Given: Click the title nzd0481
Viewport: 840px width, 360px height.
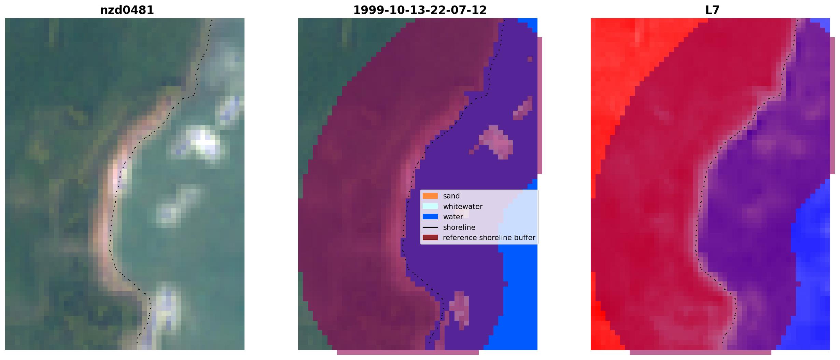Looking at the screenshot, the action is point(127,10).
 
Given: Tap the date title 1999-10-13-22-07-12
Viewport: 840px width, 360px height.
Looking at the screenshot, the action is point(420,10).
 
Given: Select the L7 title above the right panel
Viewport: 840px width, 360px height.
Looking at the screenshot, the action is point(712,10).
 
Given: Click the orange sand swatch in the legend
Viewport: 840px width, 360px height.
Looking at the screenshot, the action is point(430,196).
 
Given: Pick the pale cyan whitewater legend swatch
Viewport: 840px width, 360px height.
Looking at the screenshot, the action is point(430,206).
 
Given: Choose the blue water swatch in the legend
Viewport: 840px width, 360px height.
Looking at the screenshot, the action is point(430,217).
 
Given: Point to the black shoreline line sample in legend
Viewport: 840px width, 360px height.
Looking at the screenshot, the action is point(430,227).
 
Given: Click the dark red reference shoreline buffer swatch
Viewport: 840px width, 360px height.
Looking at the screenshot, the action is point(430,238).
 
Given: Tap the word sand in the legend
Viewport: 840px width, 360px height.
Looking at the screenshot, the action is point(451,196).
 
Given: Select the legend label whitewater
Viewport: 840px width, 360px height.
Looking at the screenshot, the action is point(463,207).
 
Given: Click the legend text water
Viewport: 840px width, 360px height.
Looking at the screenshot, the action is point(453,217).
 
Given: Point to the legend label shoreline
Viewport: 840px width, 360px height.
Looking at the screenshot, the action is point(459,227).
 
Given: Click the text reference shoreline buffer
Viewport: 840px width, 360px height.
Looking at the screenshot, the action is point(489,238).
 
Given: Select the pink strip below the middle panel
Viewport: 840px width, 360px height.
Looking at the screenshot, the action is point(408,352).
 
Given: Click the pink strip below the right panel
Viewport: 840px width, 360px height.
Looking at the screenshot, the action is point(700,352).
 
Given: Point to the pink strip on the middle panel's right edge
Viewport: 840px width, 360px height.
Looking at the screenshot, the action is point(540,106).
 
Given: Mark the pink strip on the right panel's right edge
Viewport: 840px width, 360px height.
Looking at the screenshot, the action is point(832,106).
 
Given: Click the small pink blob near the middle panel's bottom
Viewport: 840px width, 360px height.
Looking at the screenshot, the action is point(459,307).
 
